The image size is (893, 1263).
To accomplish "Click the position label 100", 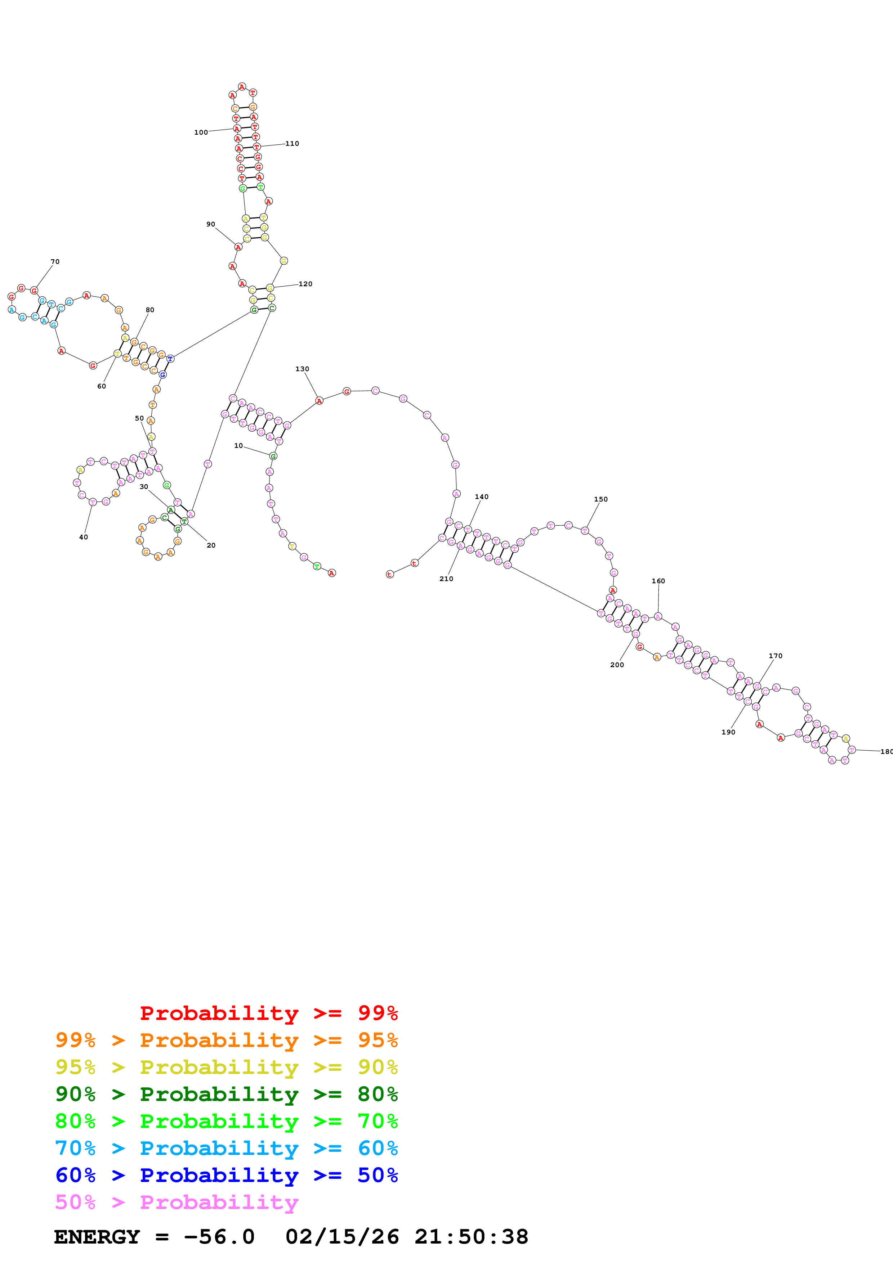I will coord(201,132).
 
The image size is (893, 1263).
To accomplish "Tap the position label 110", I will coord(292,144).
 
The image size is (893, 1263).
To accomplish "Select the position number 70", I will coord(55,262).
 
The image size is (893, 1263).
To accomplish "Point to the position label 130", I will coord(302,369).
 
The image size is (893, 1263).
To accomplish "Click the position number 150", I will coord(601,499).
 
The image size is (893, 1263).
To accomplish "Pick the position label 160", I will coord(658,581).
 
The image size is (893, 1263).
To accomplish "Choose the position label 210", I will coord(446,579).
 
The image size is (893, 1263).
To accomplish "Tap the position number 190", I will coord(728,732).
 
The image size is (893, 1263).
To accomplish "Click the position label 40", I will coord(84,538).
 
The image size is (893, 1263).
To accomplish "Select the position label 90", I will coord(211,224).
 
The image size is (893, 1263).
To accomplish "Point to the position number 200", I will coord(617,665).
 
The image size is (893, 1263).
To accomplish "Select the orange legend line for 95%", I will coord(226,1040).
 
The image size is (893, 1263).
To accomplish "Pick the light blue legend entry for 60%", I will coord(226,1148).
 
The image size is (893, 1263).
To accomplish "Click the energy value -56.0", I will coord(219,1237).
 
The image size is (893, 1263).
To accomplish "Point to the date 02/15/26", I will coord(342,1237).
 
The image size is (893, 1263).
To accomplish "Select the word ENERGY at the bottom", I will coord(97,1237).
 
